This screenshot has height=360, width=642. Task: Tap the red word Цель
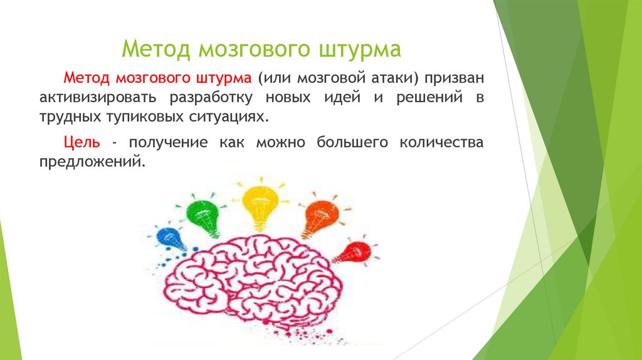82,142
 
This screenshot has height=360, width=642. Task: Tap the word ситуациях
220,117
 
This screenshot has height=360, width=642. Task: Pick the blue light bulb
171,238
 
